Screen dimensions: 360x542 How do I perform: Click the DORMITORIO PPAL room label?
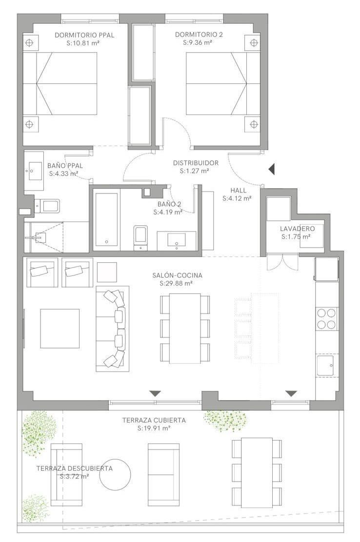[84, 35]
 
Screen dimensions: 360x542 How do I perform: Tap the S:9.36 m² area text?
[198, 43]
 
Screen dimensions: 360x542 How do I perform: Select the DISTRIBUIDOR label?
[196, 163]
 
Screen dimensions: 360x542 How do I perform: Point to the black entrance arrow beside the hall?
[272, 169]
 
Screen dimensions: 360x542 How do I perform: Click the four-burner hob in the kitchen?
[327, 318]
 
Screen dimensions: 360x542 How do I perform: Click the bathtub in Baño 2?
[106, 219]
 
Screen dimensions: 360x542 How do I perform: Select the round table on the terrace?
[115, 475]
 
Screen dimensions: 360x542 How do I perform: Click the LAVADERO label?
[298, 229]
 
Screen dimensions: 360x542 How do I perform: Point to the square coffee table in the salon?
[60, 329]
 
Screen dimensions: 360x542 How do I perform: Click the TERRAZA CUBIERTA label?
[154, 420]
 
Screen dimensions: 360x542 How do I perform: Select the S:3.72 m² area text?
[74, 476]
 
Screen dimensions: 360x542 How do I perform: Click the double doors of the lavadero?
[282, 262]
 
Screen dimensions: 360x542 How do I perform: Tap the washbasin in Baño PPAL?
[34, 171]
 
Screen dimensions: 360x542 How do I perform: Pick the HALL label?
[239, 191]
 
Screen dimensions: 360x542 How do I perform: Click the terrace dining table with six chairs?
[257, 472]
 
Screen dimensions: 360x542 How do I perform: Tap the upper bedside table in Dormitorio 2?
[254, 43]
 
